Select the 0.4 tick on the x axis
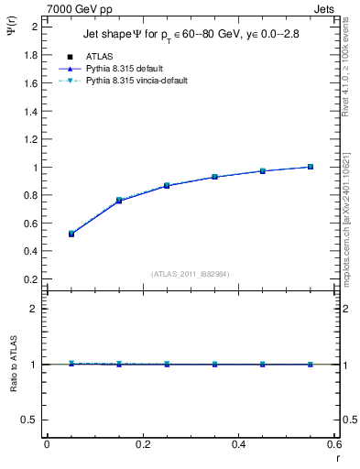click(x=239, y=444)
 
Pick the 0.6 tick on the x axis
click(x=334, y=444)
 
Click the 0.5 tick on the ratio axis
click(x=31, y=420)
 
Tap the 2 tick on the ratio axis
click(x=35, y=309)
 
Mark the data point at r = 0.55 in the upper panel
click(x=311, y=167)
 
